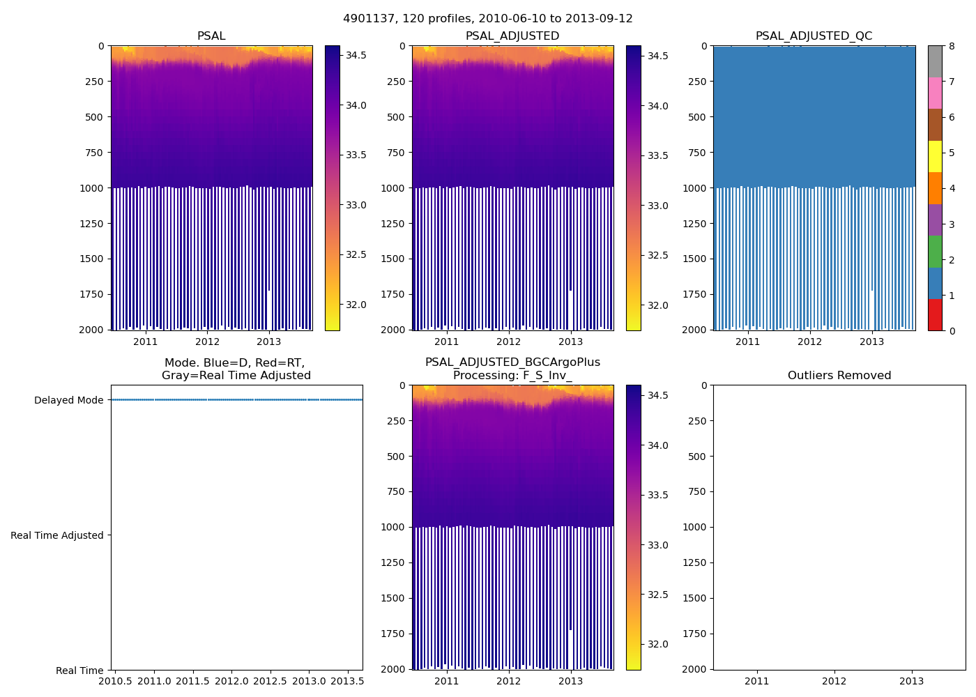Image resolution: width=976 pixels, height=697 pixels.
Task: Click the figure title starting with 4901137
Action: pos(488,19)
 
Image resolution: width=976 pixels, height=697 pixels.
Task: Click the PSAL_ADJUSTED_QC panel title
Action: pos(814,36)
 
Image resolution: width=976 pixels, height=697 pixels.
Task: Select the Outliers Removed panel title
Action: pos(839,376)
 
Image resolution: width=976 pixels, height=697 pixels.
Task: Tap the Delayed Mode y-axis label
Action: pos(68,400)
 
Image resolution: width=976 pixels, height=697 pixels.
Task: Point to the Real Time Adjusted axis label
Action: pos(57,535)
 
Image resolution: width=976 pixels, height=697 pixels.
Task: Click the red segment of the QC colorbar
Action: pos(935,315)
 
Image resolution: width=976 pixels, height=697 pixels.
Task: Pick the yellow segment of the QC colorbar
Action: pos(935,157)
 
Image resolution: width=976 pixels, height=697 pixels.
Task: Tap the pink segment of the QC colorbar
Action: pos(935,93)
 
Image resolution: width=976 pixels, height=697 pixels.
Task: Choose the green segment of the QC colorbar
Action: pos(935,252)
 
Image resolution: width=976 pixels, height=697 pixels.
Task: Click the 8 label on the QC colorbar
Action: pos(952,46)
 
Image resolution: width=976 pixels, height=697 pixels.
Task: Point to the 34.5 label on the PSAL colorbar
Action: pos(356,55)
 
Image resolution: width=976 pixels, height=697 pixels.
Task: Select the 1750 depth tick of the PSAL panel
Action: pos(91,294)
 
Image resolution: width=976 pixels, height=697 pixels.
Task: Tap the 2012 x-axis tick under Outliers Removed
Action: pos(834,681)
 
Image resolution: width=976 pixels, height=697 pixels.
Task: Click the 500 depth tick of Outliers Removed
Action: pos(699,457)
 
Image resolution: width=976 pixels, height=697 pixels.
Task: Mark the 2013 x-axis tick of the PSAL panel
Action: pos(269,342)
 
